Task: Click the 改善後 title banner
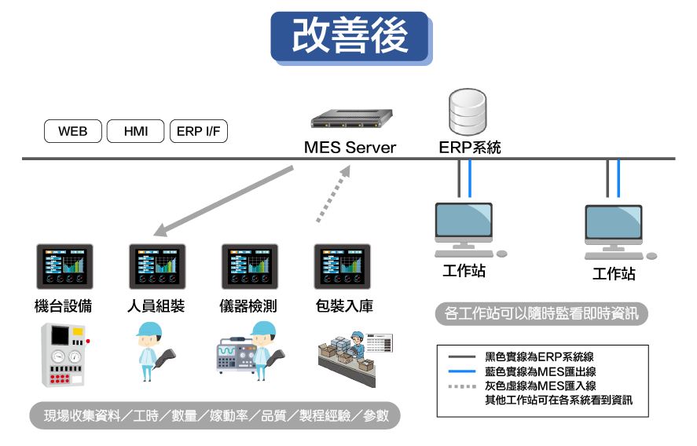pyautogui.click(x=350, y=36)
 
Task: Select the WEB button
pyautogui.click(x=72, y=131)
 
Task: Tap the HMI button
pyautogui.click(x=135, y=131)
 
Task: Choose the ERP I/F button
pyautogui.click(x=199, y=131)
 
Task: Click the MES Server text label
pyautogui.click(x=350, y=148)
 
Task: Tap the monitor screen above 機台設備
pyautogui.click(x=64, y=267)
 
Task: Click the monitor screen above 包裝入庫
pyautogui.click(x=343, y=267)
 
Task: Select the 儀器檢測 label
pyautogui.click(x=248, y=306)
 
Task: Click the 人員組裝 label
pyautogui.click(x=156, y=306)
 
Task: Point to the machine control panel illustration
pyautogui.click(x=65, y=353)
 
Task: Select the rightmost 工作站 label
pyautogui.click(x=614, y=274)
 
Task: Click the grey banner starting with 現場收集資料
pyautogui.click(x=215, y=415)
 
